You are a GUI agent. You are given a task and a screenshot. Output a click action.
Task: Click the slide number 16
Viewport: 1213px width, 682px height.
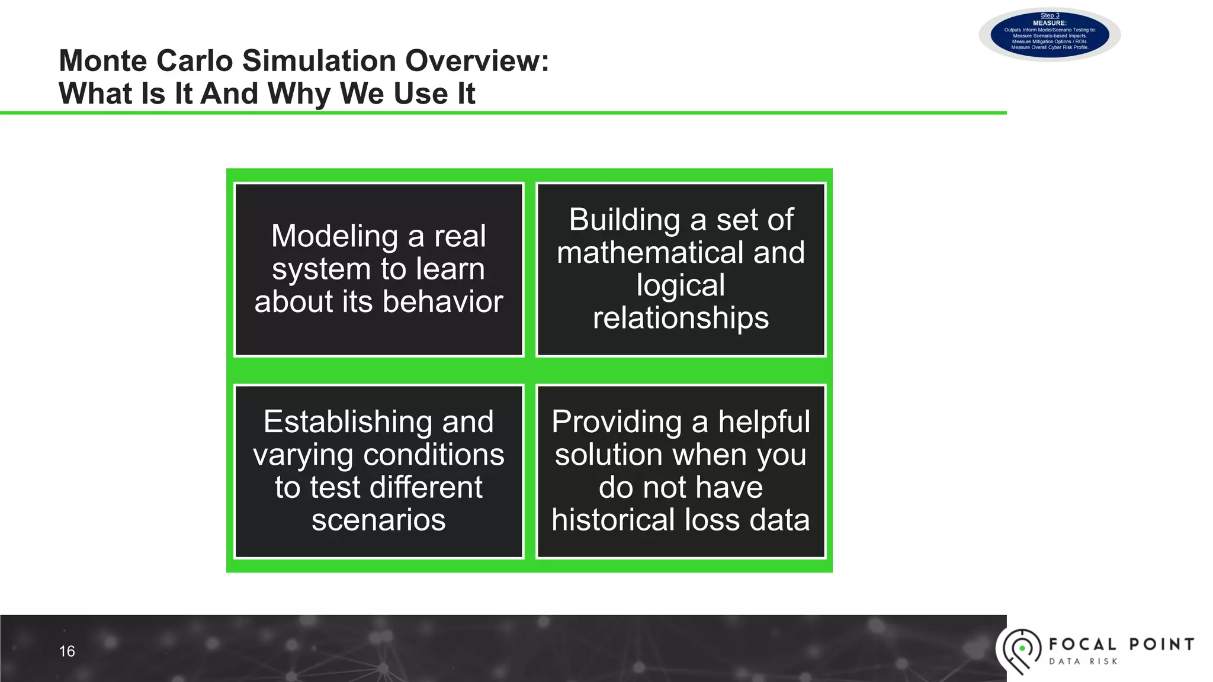[67, 651]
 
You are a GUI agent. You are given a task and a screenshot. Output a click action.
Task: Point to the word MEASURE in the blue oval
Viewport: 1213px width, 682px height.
[1050, 23]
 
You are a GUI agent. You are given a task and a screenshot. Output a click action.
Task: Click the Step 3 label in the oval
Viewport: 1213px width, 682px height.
[1050, 15]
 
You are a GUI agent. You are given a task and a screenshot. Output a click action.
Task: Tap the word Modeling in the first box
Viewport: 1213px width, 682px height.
[335, 236]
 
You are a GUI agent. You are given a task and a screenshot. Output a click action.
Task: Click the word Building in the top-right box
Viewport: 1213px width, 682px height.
[624, 220]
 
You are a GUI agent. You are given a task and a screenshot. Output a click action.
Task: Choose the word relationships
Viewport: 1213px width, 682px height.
[681, 319]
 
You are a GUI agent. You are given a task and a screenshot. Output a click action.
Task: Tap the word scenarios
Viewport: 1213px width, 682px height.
[378, 520]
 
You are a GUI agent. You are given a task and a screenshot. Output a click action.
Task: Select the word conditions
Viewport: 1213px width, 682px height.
[433, 455]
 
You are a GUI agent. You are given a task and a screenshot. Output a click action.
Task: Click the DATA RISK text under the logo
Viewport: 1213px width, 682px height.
[1083, 661]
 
